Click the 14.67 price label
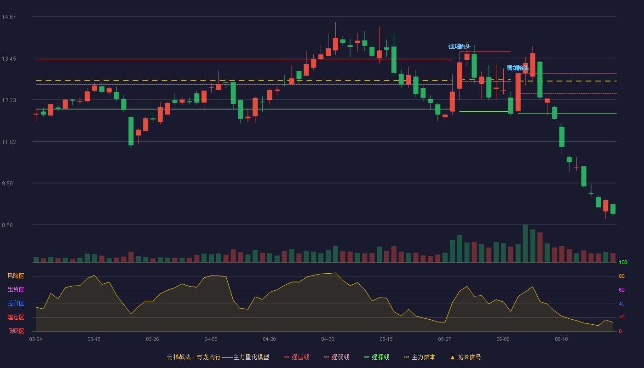tap(9, 17)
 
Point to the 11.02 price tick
tap(9, 142)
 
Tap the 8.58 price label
tap(7, 225)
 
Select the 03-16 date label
tap(94, 339)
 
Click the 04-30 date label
tap(328, 339)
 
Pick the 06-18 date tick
tap(562, 339)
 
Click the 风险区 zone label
tap(16, 276)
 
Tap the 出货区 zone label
tap(16, 289)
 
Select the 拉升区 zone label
tap(16, 303)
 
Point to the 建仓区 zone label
tap(16, 317)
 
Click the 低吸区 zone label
tap(16, 331)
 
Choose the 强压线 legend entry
tap(297, 357)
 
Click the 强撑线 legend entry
tap(377, 357)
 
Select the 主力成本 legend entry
tap(420, 357)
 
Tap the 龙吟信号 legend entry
tap(466, 357)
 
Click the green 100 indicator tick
tap(623, 262)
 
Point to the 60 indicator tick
tap(621, 290)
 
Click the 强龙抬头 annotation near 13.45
tap(460, 46)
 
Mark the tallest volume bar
tap(525, 243)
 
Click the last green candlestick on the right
tap(613, 209)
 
